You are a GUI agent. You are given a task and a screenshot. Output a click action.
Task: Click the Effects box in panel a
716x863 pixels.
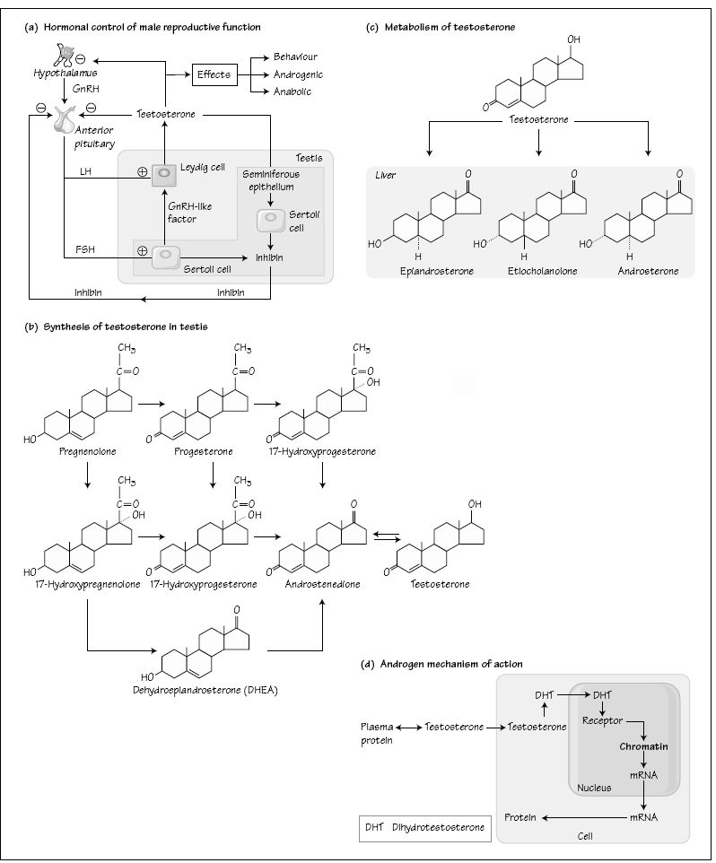214,74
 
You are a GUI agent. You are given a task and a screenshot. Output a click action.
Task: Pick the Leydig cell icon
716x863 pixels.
164,174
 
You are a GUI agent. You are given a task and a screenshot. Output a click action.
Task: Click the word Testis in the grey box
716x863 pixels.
309,158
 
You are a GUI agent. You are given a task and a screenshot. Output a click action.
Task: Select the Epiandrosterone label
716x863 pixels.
436,270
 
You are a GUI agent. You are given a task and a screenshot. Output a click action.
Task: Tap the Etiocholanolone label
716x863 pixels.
542,270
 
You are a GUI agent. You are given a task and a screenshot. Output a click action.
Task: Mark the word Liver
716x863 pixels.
387,175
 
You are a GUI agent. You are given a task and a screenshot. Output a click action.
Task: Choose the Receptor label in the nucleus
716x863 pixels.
603,719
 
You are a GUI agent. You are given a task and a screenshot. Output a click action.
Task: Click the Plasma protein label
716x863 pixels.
377,733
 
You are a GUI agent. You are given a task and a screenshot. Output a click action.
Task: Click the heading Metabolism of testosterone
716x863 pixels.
450,28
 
